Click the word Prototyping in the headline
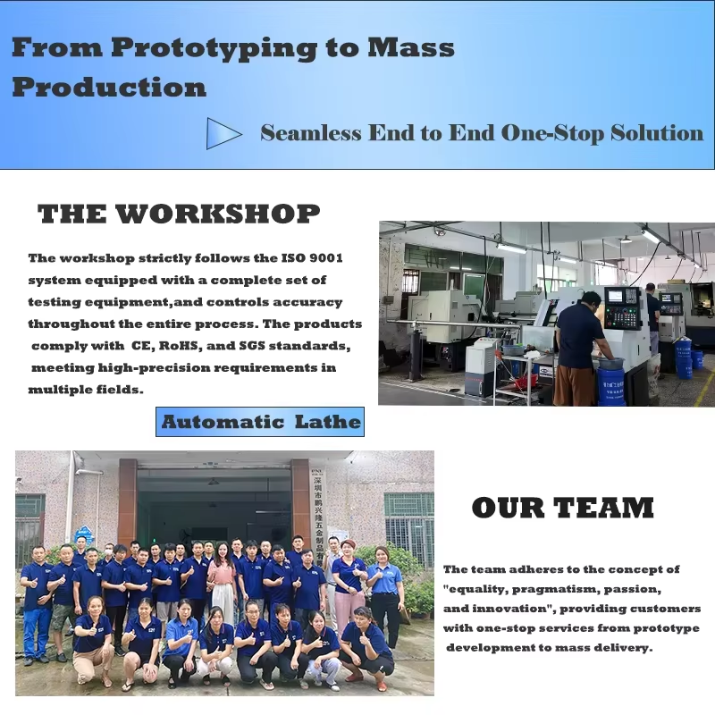click(214, 49)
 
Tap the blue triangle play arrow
click(223, 133)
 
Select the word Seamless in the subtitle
click(311, 133)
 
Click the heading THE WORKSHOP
click(179, 214)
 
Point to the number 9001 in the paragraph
click(325, 258)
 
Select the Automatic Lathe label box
click(260, 422)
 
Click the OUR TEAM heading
click(563, 508)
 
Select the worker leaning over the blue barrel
click(582, 346)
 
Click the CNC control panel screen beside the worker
click(615, 296)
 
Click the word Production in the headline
click(109, 88)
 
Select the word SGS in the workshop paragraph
click(252, 346)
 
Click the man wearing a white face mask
click(108, 554)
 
